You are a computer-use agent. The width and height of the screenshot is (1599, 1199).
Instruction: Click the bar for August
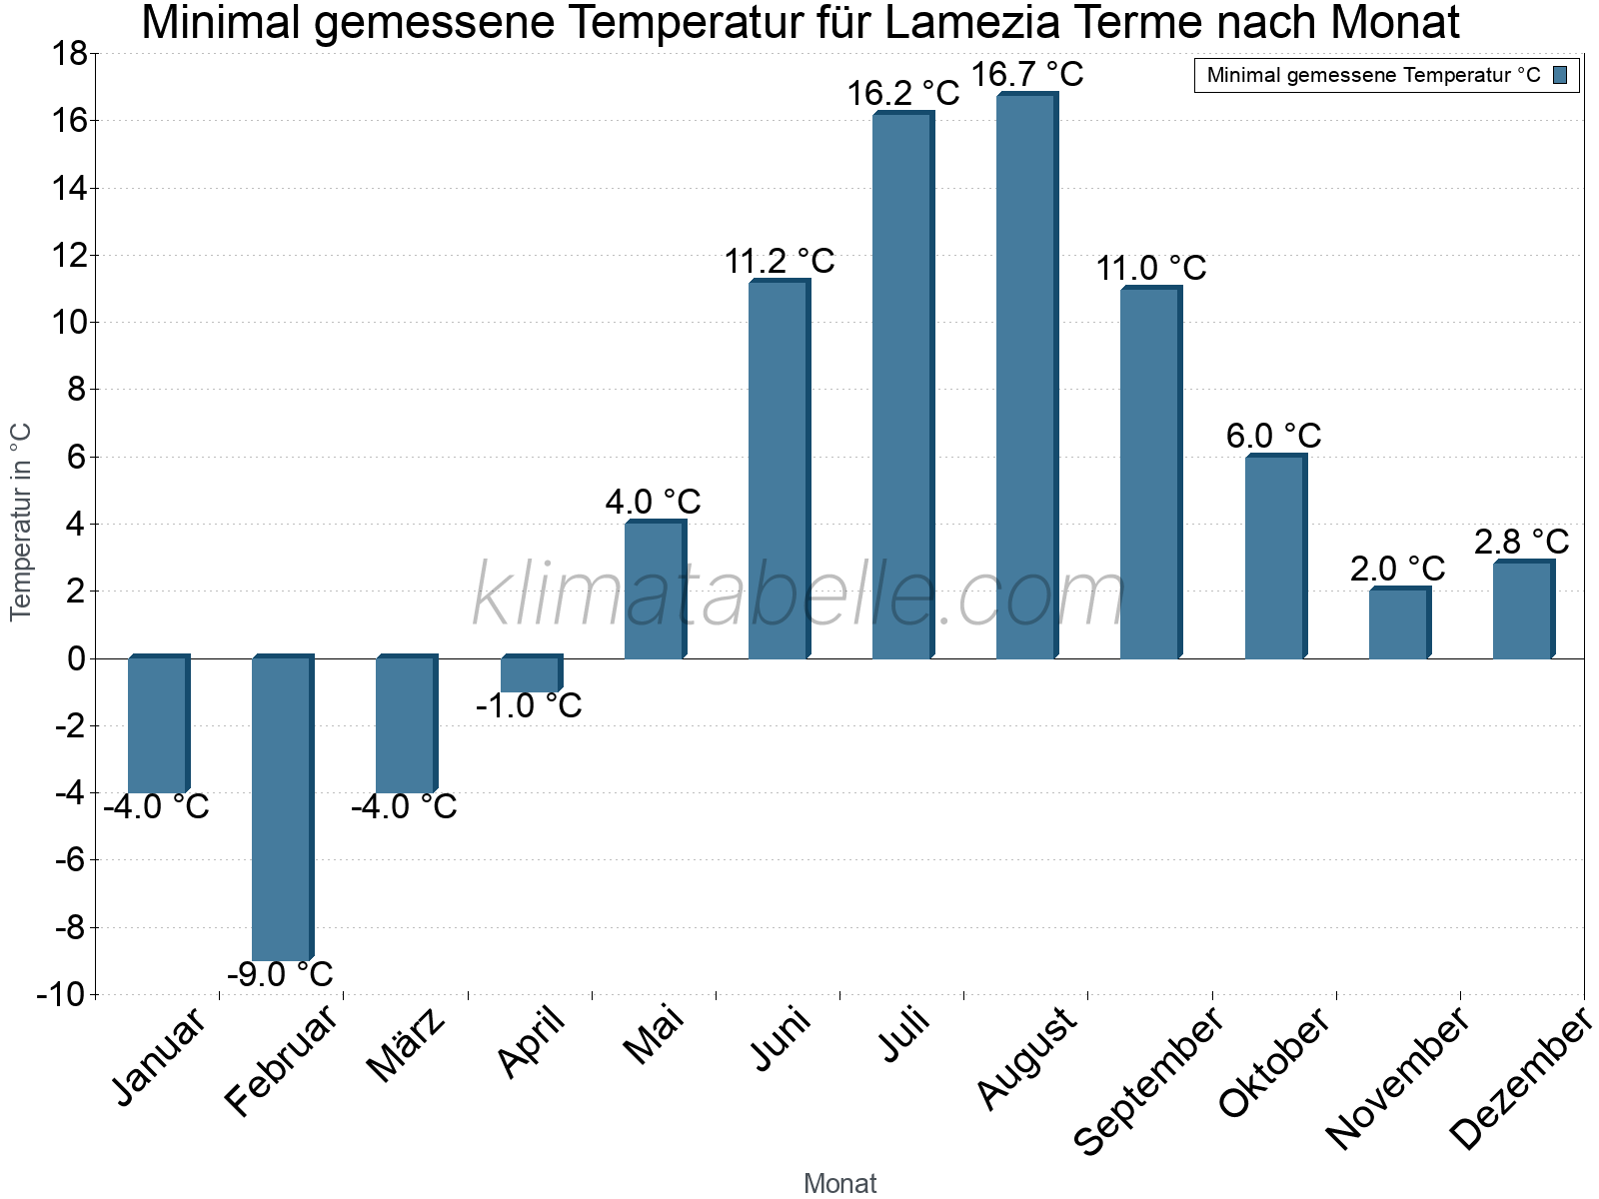click(1026, 376)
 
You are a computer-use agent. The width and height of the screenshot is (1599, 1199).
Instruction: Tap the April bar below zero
click(531, 674)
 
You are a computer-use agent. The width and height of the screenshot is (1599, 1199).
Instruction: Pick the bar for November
click(1399, 623)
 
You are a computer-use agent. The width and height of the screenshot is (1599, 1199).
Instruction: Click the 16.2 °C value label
click(902, 94)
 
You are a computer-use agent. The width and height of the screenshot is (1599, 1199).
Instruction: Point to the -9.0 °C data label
click(280, 974)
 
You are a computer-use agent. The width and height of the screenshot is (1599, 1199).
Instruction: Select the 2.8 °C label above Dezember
click(1521, 543)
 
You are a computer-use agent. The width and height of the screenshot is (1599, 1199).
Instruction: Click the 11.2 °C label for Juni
click(779, 262)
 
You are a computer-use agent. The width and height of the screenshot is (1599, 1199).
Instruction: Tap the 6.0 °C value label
click(1273, 437)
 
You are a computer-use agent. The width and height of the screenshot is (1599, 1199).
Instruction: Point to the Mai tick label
click(655, 1036)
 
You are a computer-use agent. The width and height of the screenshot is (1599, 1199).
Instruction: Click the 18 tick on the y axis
click(69, 54)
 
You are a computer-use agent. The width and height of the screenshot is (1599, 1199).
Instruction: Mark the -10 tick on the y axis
click(61, 995)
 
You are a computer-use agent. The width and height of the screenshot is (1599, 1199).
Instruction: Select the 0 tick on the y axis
click(77, 658)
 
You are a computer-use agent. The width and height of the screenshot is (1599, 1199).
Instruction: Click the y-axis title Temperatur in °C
click(21, 522)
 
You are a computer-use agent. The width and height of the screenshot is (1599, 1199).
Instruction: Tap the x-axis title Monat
click(839, 1184)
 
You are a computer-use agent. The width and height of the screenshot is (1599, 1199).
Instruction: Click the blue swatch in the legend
click(1560, 75)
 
